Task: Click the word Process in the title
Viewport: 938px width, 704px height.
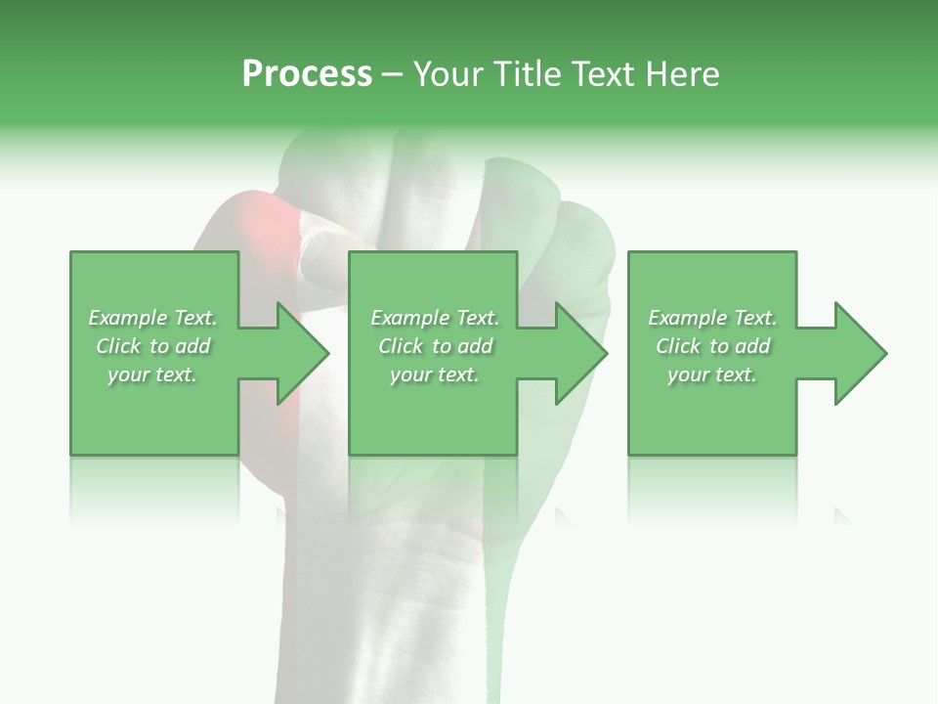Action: [307, 74]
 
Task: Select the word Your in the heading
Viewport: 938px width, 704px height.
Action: [448, 74]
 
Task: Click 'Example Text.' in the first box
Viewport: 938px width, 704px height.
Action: [152, 318]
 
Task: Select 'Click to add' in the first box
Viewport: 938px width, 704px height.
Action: [152, 346]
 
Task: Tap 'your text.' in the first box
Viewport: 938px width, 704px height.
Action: [152, 374]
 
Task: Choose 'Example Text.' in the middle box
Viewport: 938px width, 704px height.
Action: [434, 318]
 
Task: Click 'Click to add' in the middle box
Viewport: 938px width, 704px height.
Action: [434, 346]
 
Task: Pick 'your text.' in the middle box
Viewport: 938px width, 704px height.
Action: [434, 374]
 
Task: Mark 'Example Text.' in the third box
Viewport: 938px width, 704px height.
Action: [712, 318]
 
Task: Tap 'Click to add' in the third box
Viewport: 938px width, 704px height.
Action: [712, 346]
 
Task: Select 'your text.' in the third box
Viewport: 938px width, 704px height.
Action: [712, 374]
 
